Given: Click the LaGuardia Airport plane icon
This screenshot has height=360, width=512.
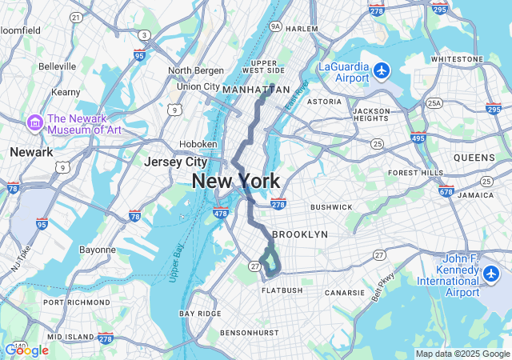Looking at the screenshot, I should [381, 70].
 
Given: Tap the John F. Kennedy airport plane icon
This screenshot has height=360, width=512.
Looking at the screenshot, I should [490, 275].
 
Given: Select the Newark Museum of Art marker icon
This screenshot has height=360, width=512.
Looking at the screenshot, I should [35, 123].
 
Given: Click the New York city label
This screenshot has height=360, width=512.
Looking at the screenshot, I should [235, 182].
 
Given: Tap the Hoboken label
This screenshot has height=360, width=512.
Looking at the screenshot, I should [198, 144].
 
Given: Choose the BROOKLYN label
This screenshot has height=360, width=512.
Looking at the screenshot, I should [300, 234].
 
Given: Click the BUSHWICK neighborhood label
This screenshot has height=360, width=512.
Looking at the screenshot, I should [331, 206].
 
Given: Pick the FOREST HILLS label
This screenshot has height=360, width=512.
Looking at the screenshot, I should [415, 173].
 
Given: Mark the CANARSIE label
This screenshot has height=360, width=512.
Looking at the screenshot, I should [346, 293].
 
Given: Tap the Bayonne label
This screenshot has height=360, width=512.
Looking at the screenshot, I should [98, 250].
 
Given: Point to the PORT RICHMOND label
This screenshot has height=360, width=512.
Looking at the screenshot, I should [77, 302].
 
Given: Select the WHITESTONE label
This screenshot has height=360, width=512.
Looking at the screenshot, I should [457, 59].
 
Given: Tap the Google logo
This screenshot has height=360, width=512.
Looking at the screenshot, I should [26, 350].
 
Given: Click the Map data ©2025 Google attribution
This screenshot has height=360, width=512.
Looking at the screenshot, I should [462, 354].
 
